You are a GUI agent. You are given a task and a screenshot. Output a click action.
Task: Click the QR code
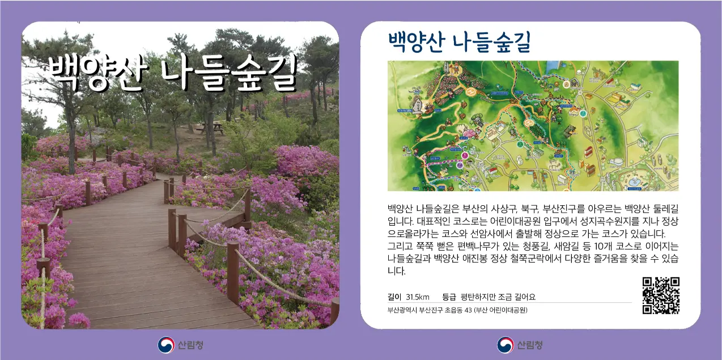point(660,295)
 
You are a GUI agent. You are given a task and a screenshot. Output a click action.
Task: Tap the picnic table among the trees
point(209,128)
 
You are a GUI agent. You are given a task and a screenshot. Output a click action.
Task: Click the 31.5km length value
point(418,297)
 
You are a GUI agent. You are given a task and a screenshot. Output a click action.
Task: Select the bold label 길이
point(394,297)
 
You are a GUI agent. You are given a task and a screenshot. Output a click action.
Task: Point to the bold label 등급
point(449,297)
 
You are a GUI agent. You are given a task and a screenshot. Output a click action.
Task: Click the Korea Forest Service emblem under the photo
point(166,345)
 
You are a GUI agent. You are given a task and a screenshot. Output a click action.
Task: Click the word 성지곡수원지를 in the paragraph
point(576,221)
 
